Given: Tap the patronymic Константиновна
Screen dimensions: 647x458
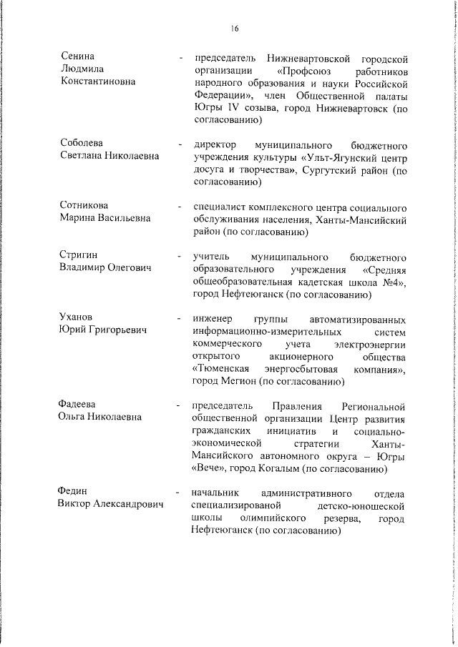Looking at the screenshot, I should click(x=97, y=82).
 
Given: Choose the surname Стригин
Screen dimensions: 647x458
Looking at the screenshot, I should click(x=79, y=255).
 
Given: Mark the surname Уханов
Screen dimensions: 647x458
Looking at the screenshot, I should click(x=77, y=317).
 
